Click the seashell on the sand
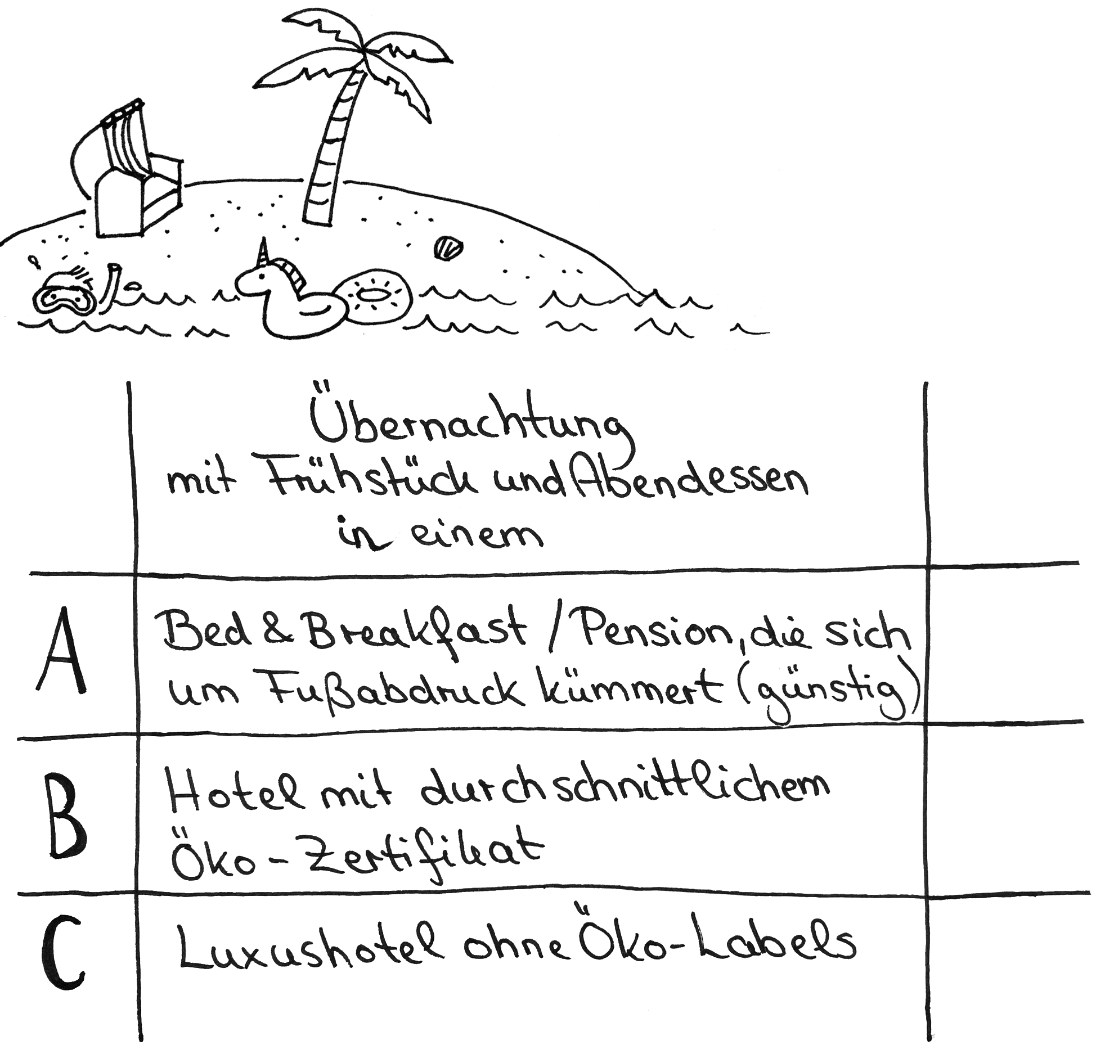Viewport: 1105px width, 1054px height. coord(448,249)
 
